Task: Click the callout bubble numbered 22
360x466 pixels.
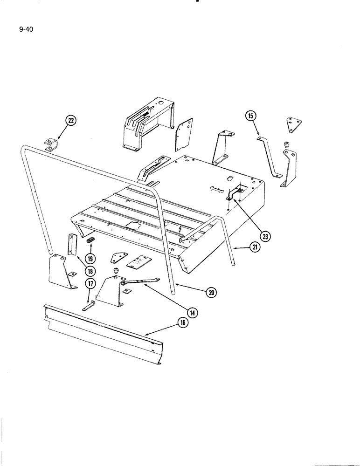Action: (70, 121)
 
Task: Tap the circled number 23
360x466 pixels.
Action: (265, 237)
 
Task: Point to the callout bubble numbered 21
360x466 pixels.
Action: (254, 247)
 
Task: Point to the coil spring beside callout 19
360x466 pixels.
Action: (91, 241)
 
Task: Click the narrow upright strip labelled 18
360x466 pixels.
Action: (72, 244)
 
